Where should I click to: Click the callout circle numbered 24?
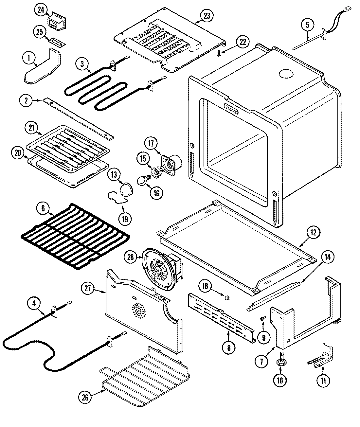41,10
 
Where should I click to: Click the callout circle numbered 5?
307,25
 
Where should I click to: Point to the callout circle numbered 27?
88,289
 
